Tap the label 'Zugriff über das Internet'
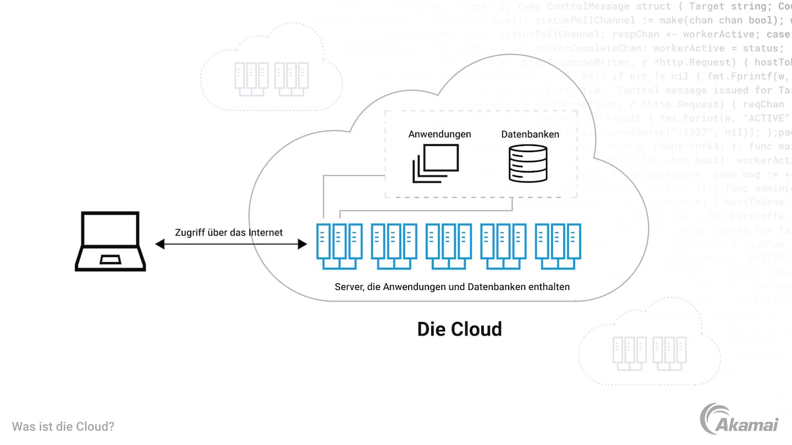pos(229,232)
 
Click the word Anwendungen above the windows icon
pos(439,134)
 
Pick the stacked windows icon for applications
pos(435,163)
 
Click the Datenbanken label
pos(530,134)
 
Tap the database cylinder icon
pos(528,163)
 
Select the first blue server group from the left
pos(339,246)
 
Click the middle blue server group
pos(449,246)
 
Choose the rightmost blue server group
pos(558,246)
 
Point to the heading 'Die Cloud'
pos(459,329)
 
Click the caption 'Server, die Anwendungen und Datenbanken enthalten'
pos(452,287)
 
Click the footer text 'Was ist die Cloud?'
pos(63,426)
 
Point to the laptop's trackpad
pos(111,259)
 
